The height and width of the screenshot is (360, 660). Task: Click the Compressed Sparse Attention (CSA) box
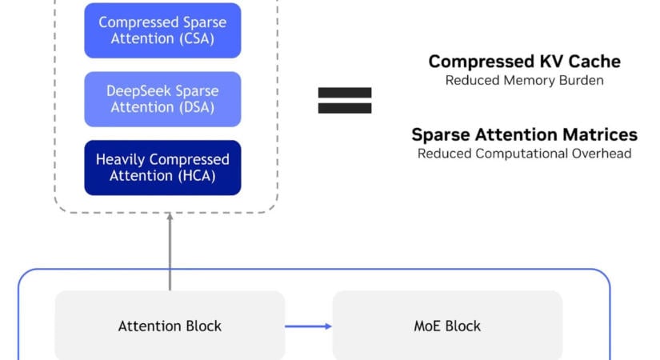[x=162, y=30]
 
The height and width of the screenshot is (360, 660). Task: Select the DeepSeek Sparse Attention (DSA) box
[x=162, y=99]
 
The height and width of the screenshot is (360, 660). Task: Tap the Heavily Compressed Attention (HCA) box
[x=162, y=167]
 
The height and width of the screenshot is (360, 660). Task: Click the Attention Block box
[x=170, y=326]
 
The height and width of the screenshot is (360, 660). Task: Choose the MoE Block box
[x=447, y=326]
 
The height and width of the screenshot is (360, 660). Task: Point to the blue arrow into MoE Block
[x=309, y=326]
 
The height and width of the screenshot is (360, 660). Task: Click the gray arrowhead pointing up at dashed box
[x=170, y=217]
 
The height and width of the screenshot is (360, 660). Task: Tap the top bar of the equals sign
[x=345, y=93]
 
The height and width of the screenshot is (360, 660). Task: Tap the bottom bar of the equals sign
[x=345, y=108]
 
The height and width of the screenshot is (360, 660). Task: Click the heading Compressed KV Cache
[x=525, y=62]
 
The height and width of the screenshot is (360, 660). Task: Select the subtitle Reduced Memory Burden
[x=525, y=80]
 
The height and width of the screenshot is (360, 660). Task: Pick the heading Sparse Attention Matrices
[x=525, y=134]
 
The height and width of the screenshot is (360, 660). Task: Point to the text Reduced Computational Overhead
[x=525, y=154]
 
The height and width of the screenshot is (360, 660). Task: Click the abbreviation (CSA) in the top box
[x=197, y=38]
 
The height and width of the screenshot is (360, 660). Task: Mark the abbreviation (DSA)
[x=197, y=107]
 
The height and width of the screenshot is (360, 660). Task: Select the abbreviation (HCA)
[x=197, y=175]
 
